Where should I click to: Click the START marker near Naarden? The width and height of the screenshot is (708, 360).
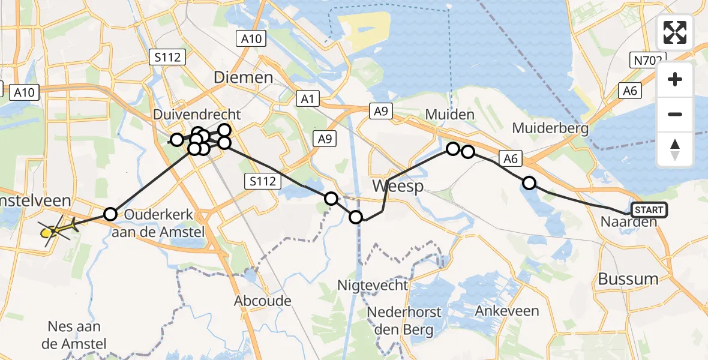pos(648,210)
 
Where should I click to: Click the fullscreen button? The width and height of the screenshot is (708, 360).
pos(675,32)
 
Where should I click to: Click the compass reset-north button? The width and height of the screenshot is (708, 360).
pos(675,150)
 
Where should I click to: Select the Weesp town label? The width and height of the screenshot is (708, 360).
pos(398,186)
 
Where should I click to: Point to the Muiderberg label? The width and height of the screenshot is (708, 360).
pos(550,128)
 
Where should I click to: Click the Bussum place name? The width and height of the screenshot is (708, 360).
pos(628,278)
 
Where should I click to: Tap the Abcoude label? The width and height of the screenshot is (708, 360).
pos(263,301)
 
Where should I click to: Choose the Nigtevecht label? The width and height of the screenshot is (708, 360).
pos(374,285)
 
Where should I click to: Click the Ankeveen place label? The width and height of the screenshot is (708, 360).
pos(507,311)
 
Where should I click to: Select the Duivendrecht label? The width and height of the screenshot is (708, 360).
pos(197,115)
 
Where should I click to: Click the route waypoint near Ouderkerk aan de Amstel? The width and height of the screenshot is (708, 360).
pos(110,214)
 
